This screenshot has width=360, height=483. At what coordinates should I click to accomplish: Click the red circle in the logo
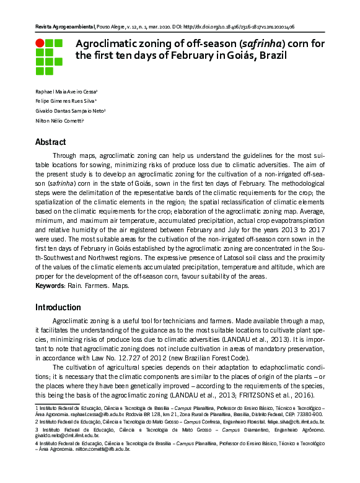[40, 43]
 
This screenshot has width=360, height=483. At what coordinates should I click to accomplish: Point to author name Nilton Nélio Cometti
[58, 121]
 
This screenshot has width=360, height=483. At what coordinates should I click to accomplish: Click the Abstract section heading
[51, 142]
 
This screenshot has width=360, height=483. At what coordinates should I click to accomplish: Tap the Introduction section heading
[58, 307]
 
